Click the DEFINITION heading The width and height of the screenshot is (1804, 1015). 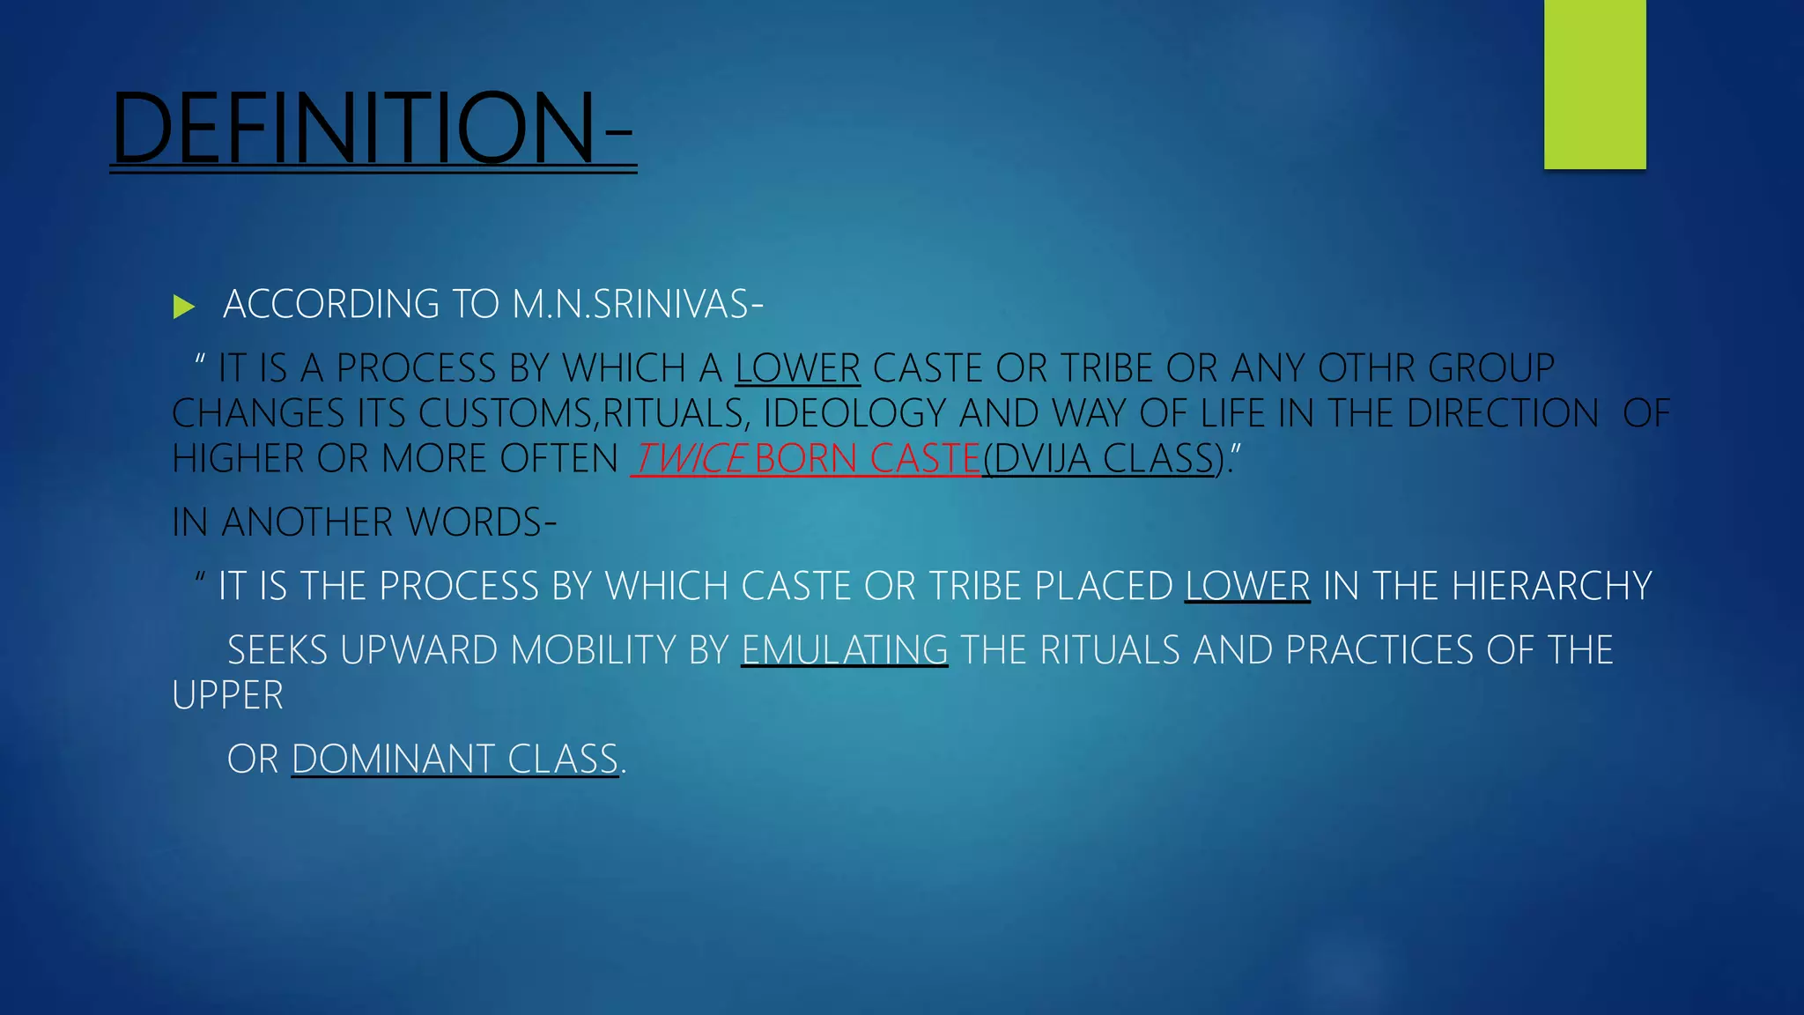pyautogui.click(x=370, y=128)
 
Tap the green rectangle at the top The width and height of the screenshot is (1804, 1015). pyautogui.click(x=1594, y=84)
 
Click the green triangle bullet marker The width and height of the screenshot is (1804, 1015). pyautogui.click(x=183, y=307)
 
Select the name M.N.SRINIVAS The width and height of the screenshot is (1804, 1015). pyautogui.click(x=631, y=305)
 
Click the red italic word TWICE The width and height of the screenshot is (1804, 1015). pyautogui.click(x=690, y=459)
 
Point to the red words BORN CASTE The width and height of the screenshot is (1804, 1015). pyautogui.click(x=867, y=459)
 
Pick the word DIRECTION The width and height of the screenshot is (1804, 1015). pyautogui.click(x=1503, y=414)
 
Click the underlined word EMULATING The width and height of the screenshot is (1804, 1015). pyautogui.click(x=845, y=651)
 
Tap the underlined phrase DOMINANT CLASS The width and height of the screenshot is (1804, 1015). pyautogui.click(x=455, y=759)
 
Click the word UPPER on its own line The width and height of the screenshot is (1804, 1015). pyautogui.click(x=227, y=696)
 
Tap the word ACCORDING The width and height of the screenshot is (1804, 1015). pyautogui.click(x=331, y=305)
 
